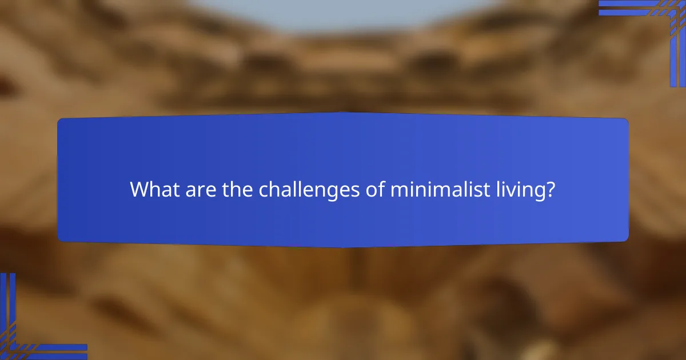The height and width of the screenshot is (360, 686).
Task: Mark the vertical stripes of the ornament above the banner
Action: pos(677,51)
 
